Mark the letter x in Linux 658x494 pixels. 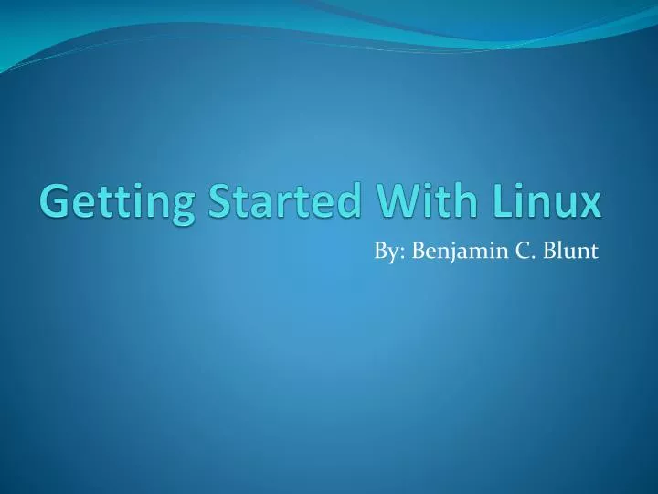click(590, 203)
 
